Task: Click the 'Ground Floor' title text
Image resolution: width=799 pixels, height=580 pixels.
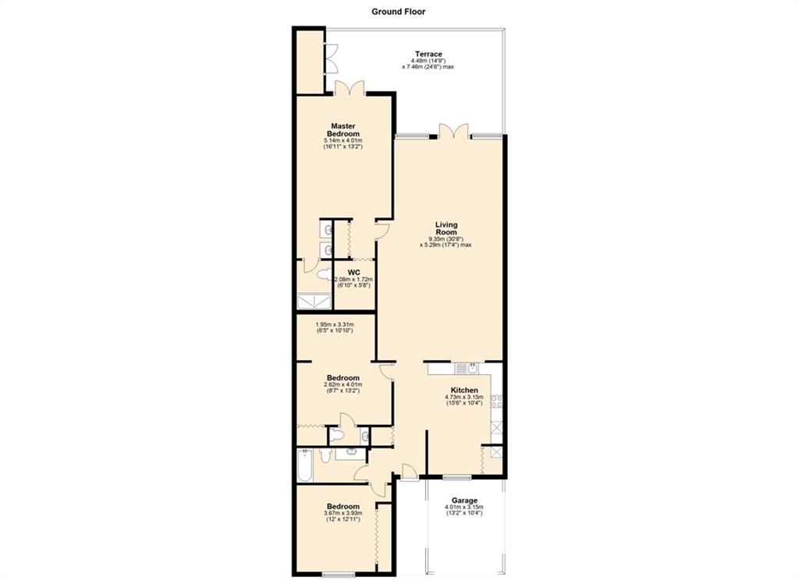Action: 398,11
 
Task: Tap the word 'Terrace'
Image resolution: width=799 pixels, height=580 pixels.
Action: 428,54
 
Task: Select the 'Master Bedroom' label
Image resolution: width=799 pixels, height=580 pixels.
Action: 343,130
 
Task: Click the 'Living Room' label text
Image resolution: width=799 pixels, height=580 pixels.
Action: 446,228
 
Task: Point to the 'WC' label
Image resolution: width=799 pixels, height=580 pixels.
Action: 353,273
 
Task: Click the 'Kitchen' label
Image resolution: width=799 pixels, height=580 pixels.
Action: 464,390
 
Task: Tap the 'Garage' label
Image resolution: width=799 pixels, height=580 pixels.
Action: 464,500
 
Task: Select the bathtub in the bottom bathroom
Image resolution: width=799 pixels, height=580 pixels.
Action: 305,465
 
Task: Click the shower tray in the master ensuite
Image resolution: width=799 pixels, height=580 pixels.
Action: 314,302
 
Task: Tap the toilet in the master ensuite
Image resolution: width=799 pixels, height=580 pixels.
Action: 323,275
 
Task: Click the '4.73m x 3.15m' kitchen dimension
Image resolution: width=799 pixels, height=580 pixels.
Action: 463,397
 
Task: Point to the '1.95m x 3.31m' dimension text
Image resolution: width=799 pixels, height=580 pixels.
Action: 334,324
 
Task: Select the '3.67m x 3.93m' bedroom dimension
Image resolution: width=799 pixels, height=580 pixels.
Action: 343,513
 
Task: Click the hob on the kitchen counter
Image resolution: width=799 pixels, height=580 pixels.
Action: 496,401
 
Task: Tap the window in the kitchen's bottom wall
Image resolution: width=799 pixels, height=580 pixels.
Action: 456,477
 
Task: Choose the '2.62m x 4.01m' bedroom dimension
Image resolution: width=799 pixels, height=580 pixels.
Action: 343,384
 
